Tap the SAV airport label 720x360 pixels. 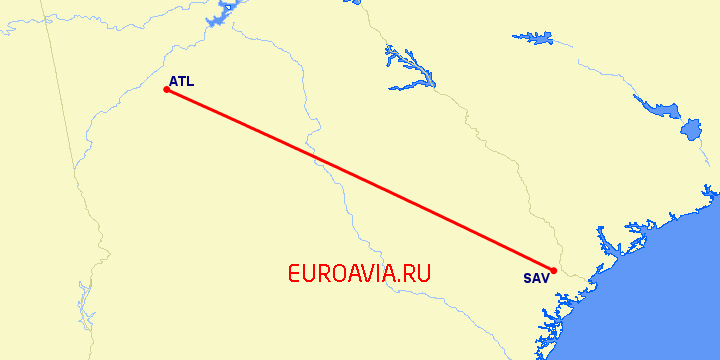(x=535, y=279)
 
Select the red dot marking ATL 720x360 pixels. (x=166, y=90)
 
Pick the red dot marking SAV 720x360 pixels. (x=553, y=270)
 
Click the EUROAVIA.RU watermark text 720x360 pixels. (x=358, y=273)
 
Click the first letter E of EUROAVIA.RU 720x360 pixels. (x=294, y=273)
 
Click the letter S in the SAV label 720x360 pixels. (x=527, y=279)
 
